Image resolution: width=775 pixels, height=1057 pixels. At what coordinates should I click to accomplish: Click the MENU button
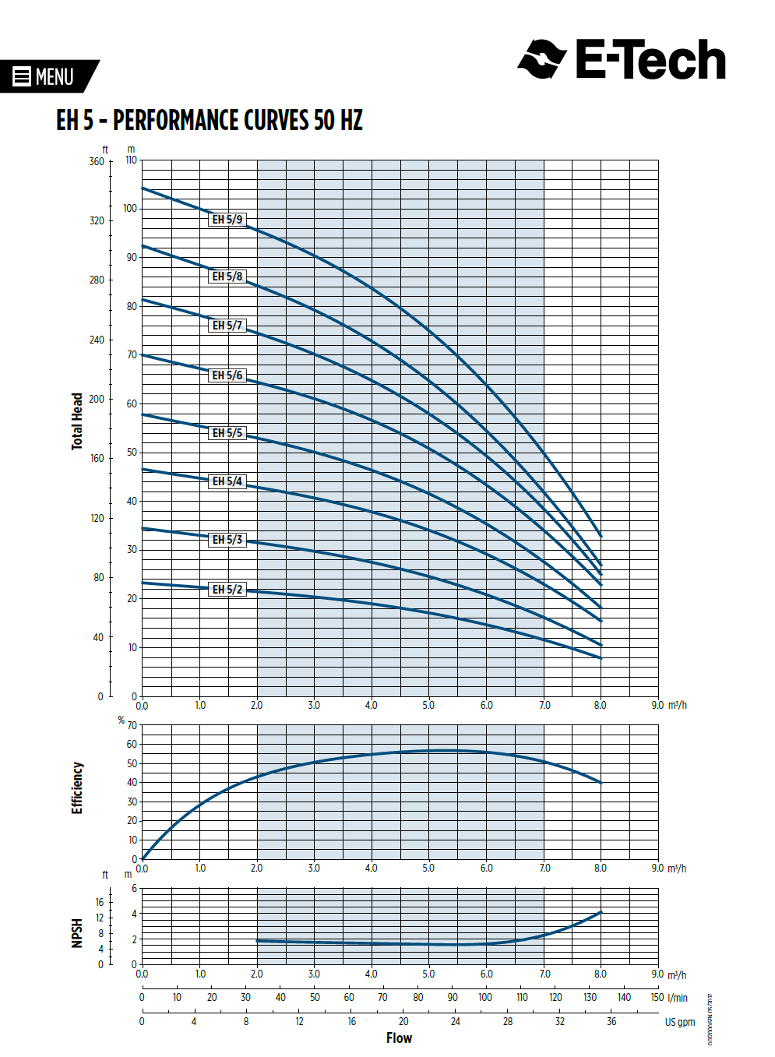pos(45,76)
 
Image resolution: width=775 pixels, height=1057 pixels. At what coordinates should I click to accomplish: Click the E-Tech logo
pos(622,60)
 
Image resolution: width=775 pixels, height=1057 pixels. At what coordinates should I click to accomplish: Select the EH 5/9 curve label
pos(227,220)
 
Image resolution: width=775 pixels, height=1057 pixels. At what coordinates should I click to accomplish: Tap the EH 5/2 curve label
pos(227,590)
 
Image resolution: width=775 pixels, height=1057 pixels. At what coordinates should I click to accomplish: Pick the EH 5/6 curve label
pos(227,375)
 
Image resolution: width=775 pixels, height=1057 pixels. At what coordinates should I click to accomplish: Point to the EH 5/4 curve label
pos(227,481)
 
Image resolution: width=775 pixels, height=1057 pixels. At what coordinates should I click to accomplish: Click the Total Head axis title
pos(77,421)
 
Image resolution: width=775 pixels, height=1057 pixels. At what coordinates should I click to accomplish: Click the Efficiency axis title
pos(77,787)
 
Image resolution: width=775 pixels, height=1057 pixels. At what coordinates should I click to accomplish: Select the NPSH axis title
pos(77,933)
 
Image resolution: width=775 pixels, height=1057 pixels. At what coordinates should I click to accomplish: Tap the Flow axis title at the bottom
pos(399,1038)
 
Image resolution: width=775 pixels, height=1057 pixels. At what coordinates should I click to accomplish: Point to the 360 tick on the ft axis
pos(97,162)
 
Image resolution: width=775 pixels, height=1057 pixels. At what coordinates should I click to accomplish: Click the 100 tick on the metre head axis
pos(130,209)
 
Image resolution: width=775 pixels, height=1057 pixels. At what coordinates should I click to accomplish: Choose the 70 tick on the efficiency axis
pos(132,725)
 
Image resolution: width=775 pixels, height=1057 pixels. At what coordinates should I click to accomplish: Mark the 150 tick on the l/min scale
pos(657,997)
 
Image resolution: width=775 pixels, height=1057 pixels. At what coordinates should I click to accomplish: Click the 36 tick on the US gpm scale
pos(611,1021)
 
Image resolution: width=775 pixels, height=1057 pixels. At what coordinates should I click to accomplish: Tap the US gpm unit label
pos(679,1022)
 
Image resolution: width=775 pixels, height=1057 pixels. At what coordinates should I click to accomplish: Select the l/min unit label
pos(678,998)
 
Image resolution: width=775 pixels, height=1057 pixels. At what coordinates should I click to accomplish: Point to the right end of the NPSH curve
pos(601,912)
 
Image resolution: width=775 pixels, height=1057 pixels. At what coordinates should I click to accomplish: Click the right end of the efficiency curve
pos(601,783)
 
